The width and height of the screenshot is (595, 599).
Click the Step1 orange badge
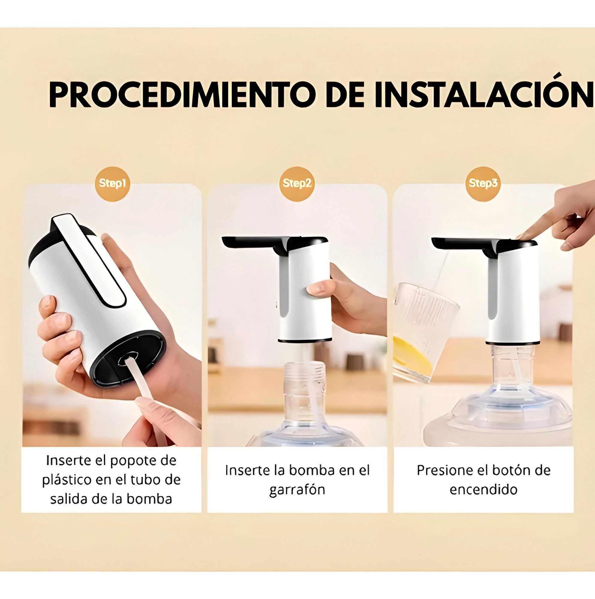coord(112,184)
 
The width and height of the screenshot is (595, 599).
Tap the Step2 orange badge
coord(297,184)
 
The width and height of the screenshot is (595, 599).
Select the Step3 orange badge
coord(483,184)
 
